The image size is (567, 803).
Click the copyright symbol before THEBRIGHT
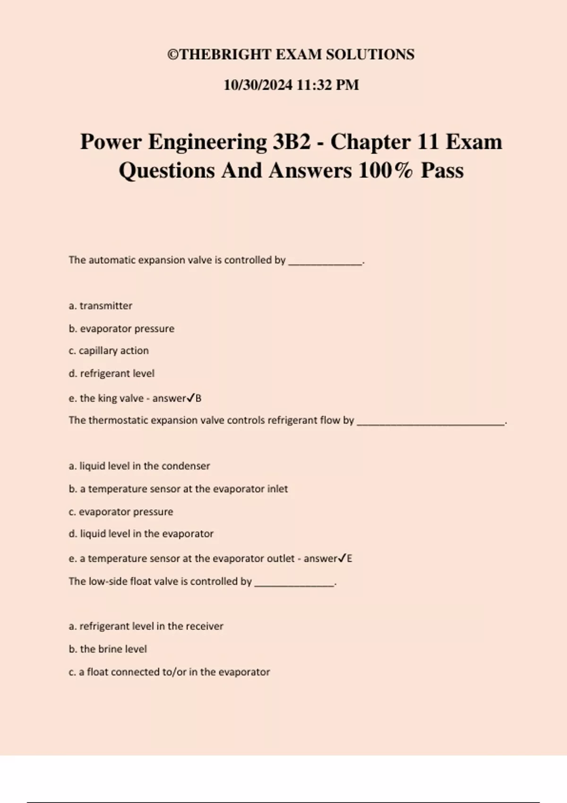173,55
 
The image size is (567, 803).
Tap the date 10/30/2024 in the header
258,85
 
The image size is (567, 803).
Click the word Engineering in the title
207,142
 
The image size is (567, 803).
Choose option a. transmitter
100,306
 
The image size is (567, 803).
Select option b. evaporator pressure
121,328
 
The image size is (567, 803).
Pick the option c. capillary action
109,350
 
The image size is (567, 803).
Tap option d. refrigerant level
112,373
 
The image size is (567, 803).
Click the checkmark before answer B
190,398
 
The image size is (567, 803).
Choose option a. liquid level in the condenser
139,466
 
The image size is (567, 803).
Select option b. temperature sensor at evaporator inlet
178,488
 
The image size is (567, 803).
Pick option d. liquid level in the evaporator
141,534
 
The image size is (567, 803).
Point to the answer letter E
350,559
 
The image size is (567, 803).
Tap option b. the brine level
108,649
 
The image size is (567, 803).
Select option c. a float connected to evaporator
169,672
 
